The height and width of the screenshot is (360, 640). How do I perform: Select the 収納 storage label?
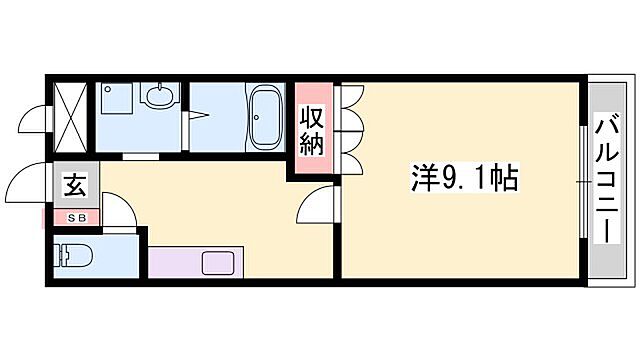click(311, 130)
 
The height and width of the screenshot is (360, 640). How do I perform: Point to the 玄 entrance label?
click(75, 186)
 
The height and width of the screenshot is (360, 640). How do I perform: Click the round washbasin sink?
click(158, 98)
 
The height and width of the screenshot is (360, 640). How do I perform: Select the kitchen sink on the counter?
click(218, 264)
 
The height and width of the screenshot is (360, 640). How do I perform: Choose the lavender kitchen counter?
click(190, 264)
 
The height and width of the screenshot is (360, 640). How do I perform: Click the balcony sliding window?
click(582, 180)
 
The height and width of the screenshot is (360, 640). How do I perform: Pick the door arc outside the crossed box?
click(35, 125)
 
